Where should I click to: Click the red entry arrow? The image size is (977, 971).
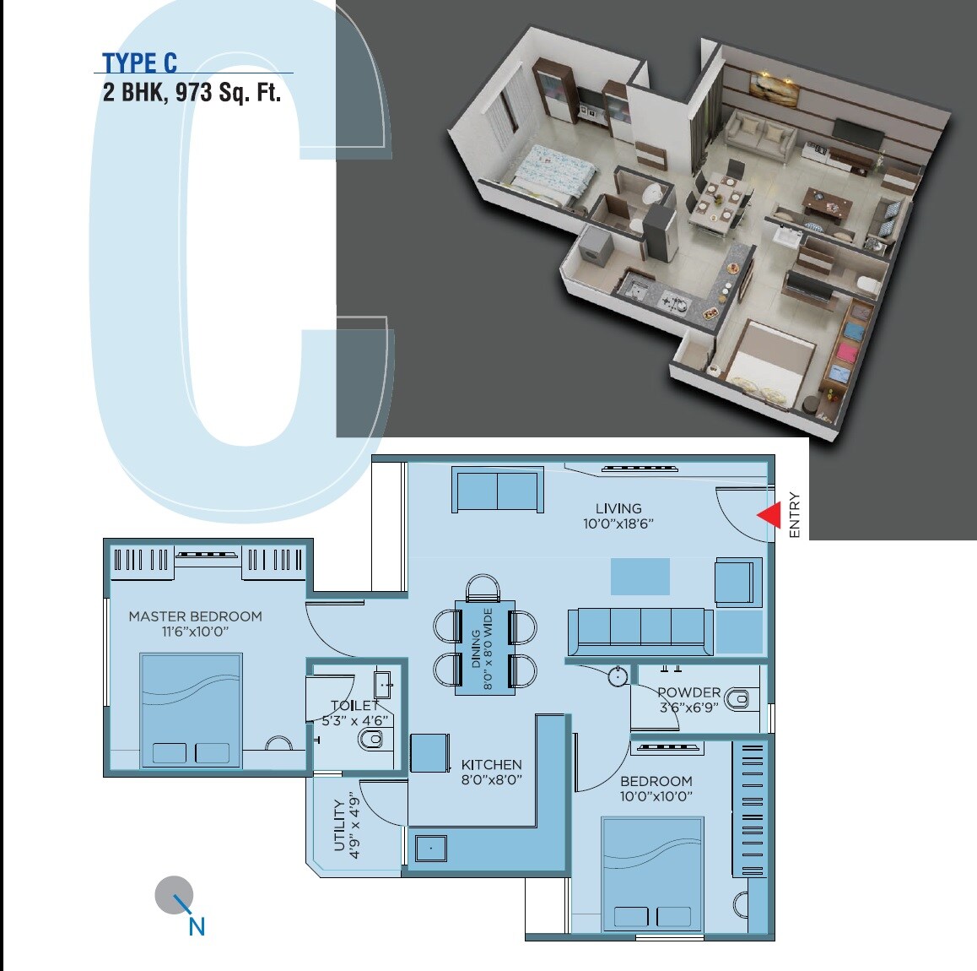[x=769, y=515]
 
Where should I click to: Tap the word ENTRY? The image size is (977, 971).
[x=794, y=515]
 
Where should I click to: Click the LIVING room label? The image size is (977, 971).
[x=618, y=508]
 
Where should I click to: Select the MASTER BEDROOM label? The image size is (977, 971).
[x=195, y=616]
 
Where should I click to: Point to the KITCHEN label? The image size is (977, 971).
[x=491, y=765]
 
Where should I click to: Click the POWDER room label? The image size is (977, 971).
[x=688, y=692]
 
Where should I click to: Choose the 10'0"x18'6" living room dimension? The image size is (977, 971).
[x=618, y=523]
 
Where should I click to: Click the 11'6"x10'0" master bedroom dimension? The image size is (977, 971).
[x=196, y=632]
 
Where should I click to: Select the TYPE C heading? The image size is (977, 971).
[x=140, y=63]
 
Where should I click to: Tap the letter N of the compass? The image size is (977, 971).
[x=197, y=926]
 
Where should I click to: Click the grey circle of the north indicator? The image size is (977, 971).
[x=173, y=893]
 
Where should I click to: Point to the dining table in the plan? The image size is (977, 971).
[x=485, y=647]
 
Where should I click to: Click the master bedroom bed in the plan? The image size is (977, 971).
[x=191, y=709]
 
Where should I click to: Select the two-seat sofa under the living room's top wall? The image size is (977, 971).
[x=496, y=490]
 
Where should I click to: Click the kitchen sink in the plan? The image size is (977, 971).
[x=430, y=848]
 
